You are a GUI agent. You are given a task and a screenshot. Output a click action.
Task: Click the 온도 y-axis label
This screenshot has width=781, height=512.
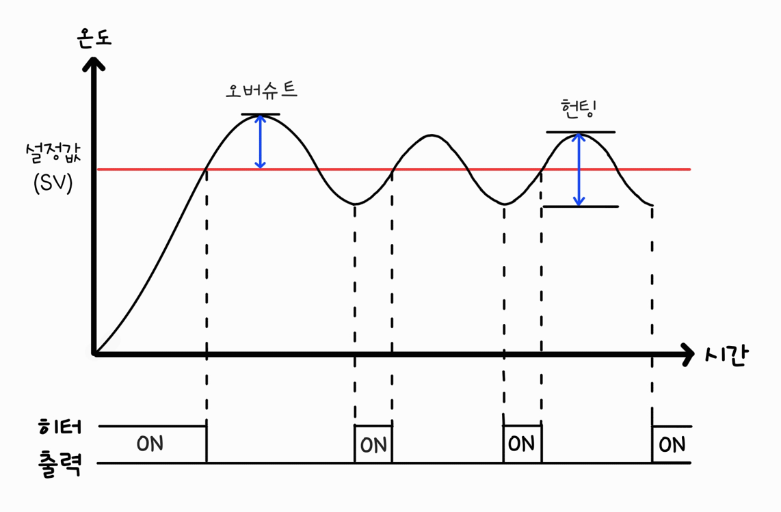click(x=94, y=38)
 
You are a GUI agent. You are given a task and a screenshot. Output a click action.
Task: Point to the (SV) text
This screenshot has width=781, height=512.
click(x=53, y=185)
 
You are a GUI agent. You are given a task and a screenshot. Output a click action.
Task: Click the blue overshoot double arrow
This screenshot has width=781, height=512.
click(x=259, y=141)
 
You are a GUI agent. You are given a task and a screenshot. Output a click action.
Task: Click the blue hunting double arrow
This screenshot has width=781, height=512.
click(x=579, y=169)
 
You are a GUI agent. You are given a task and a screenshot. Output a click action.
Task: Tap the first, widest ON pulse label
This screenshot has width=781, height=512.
click(x=150, y=444)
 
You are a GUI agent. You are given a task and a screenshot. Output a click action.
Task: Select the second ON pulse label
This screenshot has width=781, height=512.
click(x=373, y=446)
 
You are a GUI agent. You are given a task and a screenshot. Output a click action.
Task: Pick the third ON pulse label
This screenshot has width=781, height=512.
click(x=521, y=444)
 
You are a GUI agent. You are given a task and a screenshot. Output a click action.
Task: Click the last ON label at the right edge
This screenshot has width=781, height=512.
click(x=672, y=445)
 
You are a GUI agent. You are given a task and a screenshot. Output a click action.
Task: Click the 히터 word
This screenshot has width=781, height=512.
click(x=59, y=427)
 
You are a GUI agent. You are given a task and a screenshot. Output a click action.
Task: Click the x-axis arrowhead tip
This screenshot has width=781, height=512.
click(x=693, y=354)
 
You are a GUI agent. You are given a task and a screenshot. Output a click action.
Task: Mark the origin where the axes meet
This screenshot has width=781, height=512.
click(x=95, y=354)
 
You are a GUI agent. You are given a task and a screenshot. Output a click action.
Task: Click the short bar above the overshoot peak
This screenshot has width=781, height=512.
click(x=260, y=114)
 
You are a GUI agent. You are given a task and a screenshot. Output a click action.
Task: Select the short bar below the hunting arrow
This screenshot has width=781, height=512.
click(x=580, y=206)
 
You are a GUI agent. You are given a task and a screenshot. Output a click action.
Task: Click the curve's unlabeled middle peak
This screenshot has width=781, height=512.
click(x=430, y=135)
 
